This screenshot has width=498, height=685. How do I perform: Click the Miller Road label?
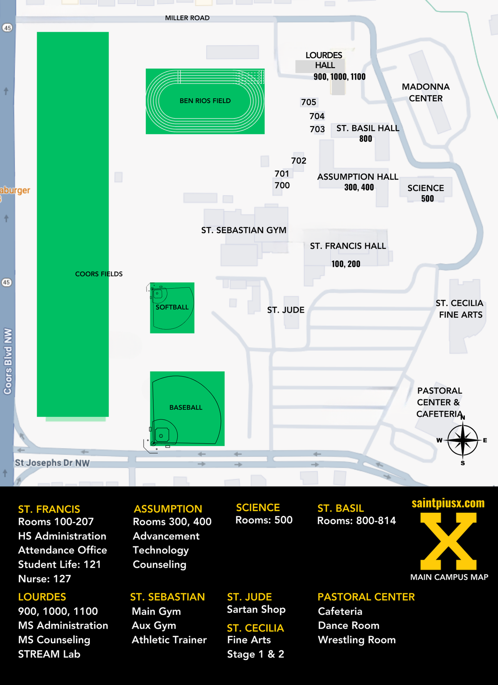pyautogui.click(x=187, y=18)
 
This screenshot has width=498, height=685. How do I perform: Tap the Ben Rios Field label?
pyautogui.click(x=205, y=101)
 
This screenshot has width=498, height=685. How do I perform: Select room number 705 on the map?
pyautogui.click(x=309, y=102)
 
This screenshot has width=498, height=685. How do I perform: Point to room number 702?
pyautogui.click(x=299, y=161)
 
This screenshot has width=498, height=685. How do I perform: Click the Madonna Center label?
pyautogui.click(x=426, y=92)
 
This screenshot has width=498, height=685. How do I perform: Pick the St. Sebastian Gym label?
pyautogui.click(x=244, y=230)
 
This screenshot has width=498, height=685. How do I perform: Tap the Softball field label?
pyautogui.click(x=172, y=307)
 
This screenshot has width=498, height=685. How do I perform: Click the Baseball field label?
pyautogui.click(x=186, y=407)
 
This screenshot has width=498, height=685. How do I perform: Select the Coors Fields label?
pyautogui.click(x=99, y=274)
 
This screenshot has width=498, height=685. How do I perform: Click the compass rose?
pyautogui.click(x=463, y=440)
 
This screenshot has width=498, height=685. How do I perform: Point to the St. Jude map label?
pyautogui.click(x=286, y=310)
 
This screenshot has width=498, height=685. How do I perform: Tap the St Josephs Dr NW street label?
pyautogui.click(x=52, y=463)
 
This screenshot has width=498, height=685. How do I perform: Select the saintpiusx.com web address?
pyautogui.click(x=448, y=503)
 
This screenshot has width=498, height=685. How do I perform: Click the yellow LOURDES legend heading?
pyautogui.click(x=42, y=597)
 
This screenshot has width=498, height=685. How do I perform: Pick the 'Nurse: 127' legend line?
pyautogui.click(x=45, y=579)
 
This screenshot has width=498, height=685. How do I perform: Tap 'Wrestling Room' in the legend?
pyautogui.click(x=357, y=640)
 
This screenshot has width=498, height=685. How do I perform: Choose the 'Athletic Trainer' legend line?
pyautogui.click(x=169, y=640)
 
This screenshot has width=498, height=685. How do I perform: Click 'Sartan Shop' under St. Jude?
pyautogui.click(x=256, y=609)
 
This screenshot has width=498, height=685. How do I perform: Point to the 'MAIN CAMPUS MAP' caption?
pyautogui.click(x=449, y=577)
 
